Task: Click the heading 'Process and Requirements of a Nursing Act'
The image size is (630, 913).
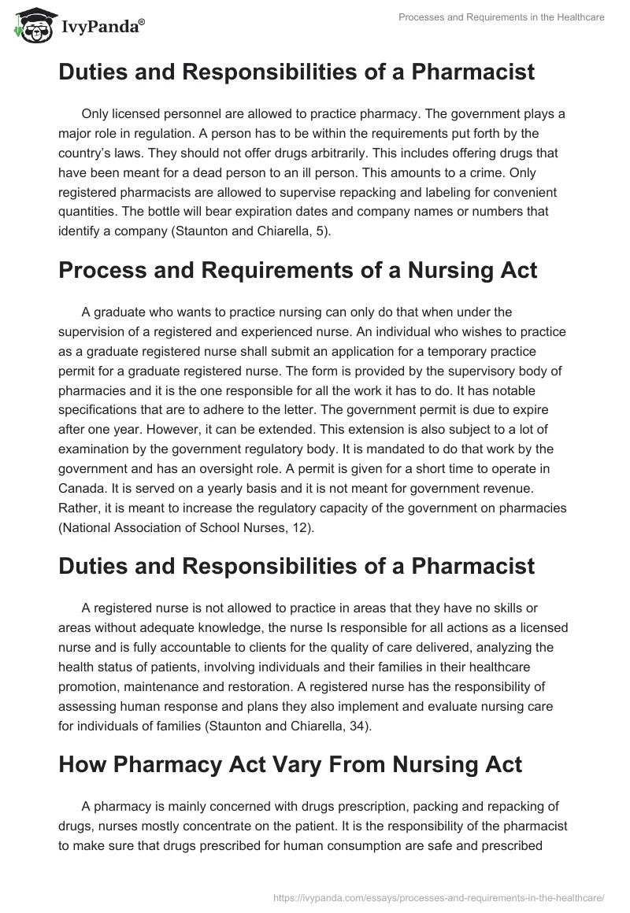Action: [298, 272]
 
